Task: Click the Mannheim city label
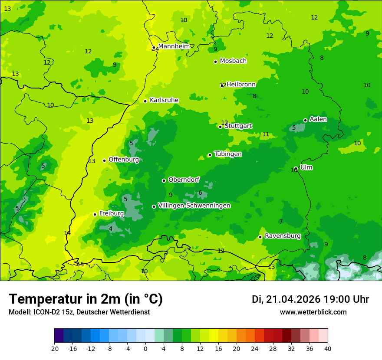pos(174,46)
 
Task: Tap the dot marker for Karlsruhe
pos(145,101)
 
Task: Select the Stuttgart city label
pos(238,126)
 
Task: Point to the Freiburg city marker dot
pos(95,214)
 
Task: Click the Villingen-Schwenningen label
pos(194,206)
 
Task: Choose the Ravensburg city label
pos(283,236)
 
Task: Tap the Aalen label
pos(318,119)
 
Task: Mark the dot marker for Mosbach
pos(215,62)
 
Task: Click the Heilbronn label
pos(241,84)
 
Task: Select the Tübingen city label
pos(228,154)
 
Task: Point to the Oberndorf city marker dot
pos(164,180)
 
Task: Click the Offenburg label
pos(124,160)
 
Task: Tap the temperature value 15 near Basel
pos(80,264)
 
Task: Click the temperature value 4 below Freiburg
pos(111,229)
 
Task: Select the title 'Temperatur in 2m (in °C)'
pos(86,299)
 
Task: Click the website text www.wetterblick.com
pos(313,312)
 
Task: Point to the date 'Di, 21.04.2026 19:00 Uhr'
pos(310,299)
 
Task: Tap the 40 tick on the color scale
pos(327,348)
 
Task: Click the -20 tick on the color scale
pos(54,348)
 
